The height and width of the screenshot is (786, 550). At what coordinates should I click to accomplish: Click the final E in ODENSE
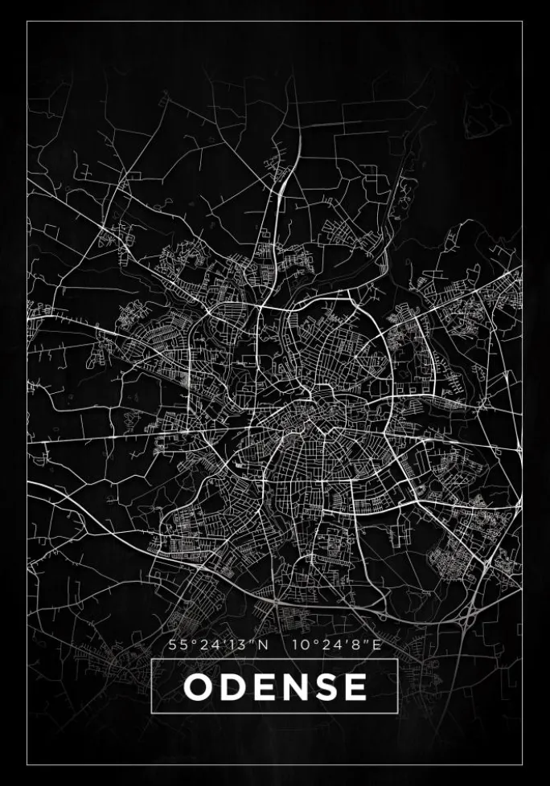[355, 687]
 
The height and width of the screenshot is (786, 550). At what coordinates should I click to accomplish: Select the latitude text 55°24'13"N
[219, 645]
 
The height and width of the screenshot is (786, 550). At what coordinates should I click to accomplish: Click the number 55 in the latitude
[176, 645]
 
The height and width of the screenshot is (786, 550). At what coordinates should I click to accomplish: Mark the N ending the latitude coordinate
[265, 645]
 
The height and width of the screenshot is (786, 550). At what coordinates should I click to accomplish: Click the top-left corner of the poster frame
[27, 22]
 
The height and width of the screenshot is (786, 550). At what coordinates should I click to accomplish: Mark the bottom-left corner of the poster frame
[27, 764]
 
